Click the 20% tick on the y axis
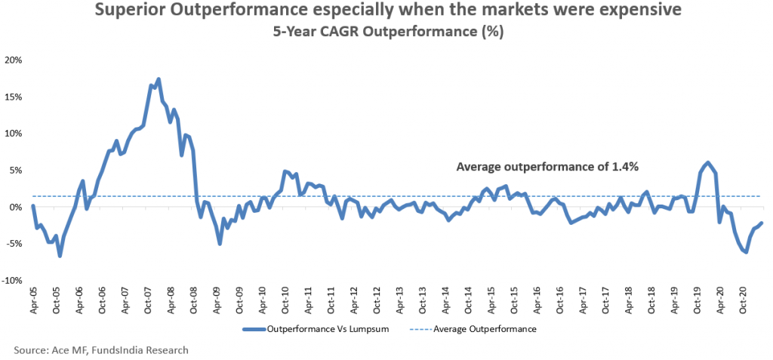point(14,60)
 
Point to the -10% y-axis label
point(12,280)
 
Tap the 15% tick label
point(14,97)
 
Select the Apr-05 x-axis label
point(33,300)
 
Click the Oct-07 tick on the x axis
point(148,300)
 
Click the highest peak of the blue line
point(158,79)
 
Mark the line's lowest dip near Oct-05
point(60,256)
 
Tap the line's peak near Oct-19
point(707,163)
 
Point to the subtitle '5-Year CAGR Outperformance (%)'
point(386,32)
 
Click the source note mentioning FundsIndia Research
point(100,350)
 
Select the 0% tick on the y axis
point(17,207)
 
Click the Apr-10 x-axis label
point(263,300)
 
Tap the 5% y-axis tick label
point(17,170)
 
